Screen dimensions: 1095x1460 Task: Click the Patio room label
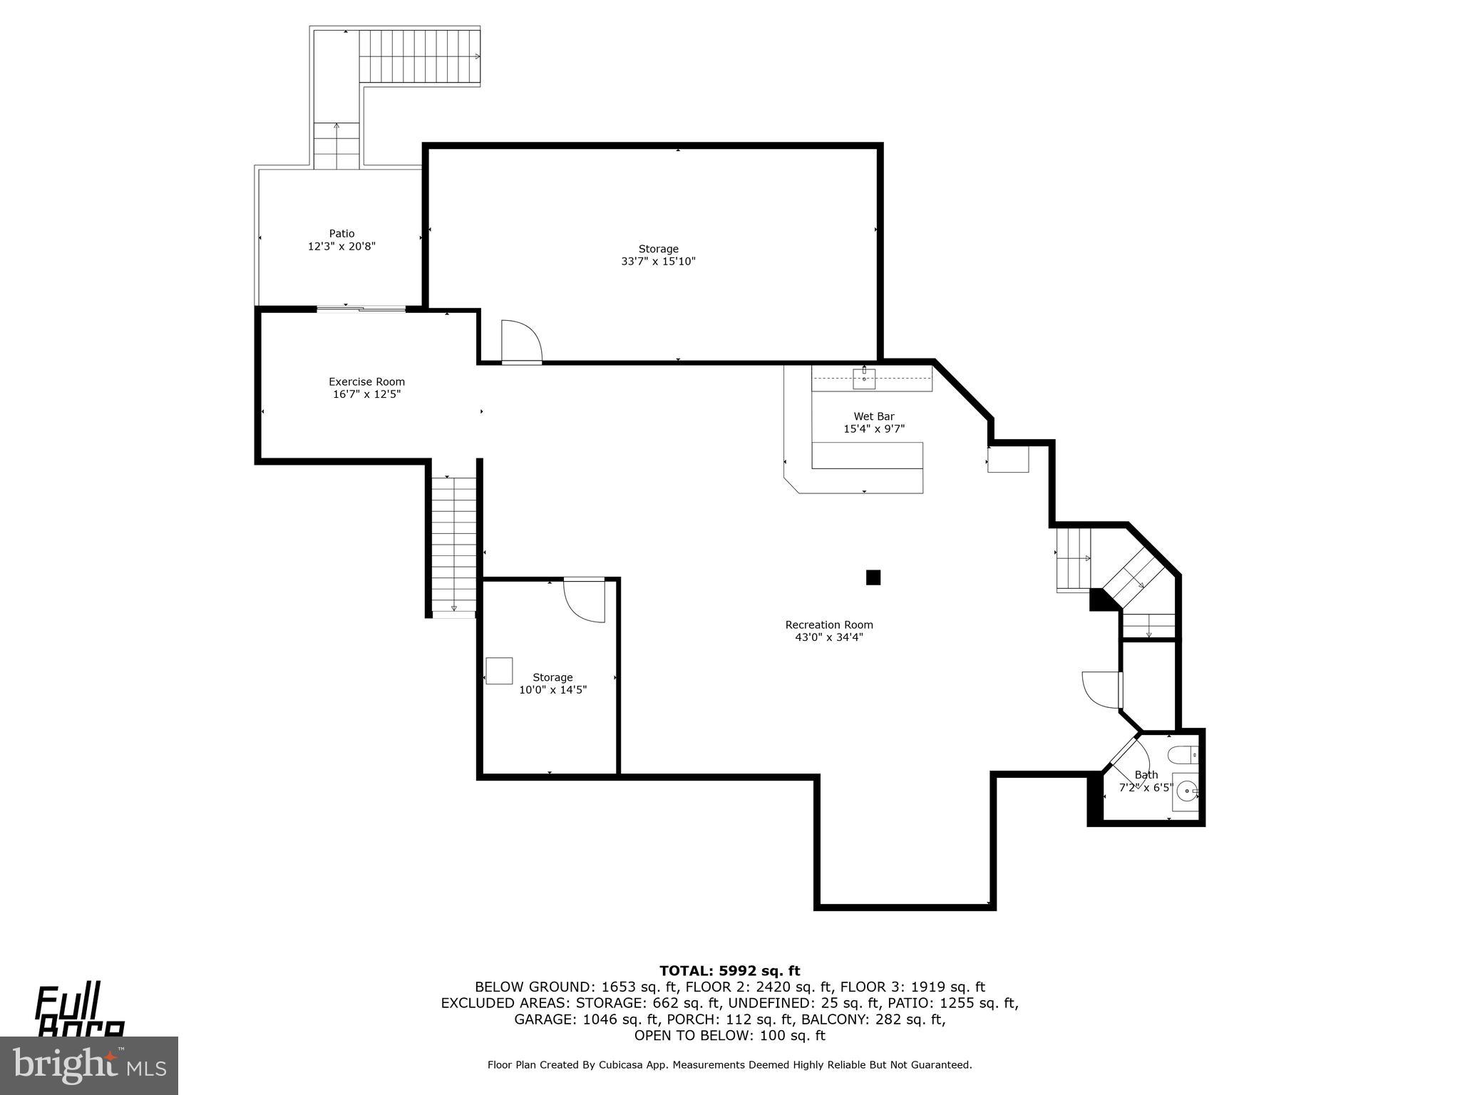coord(341,234)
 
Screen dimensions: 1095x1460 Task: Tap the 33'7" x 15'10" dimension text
coord(658,262)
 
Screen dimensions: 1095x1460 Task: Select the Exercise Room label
coord(366,382)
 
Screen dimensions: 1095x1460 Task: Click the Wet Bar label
coord(874,416)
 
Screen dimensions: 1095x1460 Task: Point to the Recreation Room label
coord(829,625)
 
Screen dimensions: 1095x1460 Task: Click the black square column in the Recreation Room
coord(873,577)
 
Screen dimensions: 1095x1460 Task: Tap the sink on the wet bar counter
coord(864,379)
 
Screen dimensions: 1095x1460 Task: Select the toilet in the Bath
coord(1184,754)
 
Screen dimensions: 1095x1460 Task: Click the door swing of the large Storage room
coord(520,342)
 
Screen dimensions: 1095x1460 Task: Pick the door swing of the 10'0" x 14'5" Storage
coord(585,600)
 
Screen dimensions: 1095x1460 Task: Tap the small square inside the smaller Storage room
coord(499,671)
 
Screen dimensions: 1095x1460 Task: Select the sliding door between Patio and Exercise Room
coord(361,309)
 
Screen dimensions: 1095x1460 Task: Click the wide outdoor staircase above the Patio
coord(419,56)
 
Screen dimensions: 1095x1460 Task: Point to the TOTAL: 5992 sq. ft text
coord(729,970)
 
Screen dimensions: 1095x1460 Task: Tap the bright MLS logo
coord(89,1066)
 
